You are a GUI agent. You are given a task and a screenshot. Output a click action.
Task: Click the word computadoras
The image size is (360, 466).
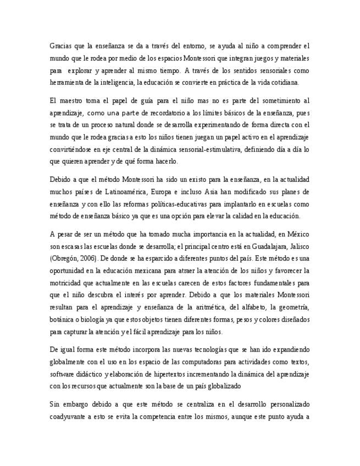coord(226,362)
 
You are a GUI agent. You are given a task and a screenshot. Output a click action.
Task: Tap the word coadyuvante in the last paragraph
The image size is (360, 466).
coord(68,417)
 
